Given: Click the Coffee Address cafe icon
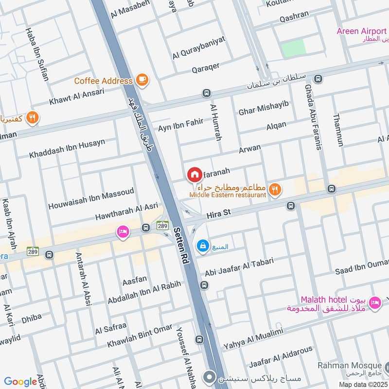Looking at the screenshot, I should (142, 80).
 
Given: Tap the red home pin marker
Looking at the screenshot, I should (194, 174).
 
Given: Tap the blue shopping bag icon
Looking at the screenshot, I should (201, 247).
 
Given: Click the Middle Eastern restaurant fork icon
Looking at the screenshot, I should (275, 190).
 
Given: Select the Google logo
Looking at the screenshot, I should (20, 382).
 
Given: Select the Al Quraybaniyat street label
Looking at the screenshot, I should (199, 48).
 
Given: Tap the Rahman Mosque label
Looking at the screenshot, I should (349, 365).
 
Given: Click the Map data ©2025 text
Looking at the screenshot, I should (362, 384).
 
